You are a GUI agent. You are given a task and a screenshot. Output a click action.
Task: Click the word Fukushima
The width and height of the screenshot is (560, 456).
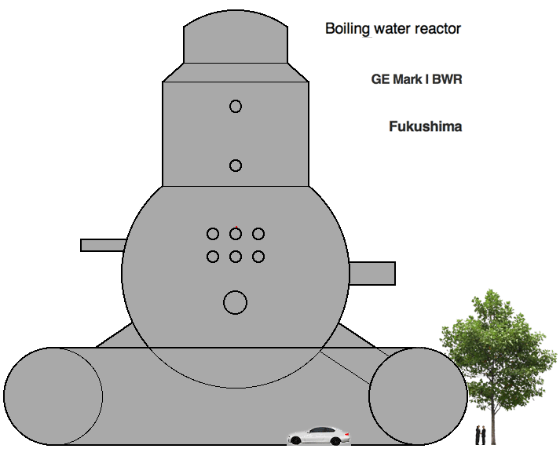point(426,126)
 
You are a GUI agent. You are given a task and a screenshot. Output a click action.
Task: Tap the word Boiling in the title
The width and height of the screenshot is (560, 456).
point(347,29)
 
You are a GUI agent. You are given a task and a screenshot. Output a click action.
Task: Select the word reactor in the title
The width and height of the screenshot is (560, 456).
point(437,29)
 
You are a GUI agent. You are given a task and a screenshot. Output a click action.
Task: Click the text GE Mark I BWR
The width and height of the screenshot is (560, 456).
point(417,78)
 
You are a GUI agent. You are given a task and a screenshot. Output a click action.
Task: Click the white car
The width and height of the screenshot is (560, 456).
point(319,436)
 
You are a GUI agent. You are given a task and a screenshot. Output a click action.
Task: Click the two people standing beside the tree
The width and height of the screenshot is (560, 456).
point(481,435)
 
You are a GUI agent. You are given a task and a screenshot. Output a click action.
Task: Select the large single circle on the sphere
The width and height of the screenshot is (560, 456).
point(235,303)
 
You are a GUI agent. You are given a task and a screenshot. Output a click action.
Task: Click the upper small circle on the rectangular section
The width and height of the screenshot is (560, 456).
point(236,106)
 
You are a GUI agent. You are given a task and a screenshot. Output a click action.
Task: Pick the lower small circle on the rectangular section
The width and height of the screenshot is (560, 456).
point(236,166)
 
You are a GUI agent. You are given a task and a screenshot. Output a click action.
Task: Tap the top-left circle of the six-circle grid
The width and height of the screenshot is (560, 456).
point(213,234)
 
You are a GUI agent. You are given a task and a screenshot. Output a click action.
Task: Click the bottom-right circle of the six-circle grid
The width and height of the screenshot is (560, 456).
point(258,257)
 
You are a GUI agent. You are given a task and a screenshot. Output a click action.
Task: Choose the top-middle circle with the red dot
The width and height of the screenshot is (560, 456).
point(236,234)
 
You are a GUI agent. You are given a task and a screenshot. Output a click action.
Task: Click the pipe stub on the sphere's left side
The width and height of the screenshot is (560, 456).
point(103,245)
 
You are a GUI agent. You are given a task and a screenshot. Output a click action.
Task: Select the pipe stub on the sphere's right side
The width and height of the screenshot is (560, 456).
point(372,273)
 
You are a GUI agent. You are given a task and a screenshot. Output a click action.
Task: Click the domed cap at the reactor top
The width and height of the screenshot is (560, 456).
point(236,38)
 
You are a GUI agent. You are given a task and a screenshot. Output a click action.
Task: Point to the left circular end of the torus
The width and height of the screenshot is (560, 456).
point(53,396)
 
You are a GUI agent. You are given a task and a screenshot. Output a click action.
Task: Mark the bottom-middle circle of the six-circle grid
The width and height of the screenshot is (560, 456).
point(236,257)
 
